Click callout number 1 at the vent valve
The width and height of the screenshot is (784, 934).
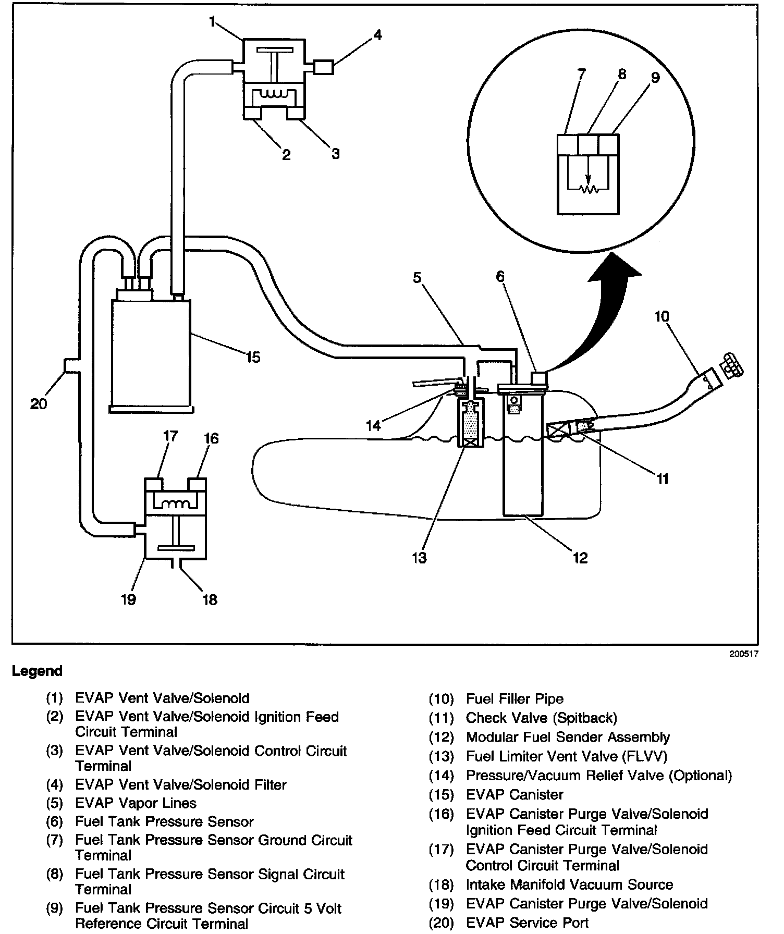pos(212,21)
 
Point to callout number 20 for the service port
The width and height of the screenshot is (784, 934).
pos(39,403)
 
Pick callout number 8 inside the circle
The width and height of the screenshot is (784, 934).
pos(621,75)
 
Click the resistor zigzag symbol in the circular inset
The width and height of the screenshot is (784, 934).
pos(590,190)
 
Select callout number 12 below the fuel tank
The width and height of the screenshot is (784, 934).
pos(580,558)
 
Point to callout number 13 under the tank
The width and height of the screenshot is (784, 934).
pos(419,558)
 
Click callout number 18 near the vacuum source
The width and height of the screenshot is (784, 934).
pos(210,600)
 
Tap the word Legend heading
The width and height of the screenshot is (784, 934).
pos(37,671)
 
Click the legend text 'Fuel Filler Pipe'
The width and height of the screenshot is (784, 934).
pos(514,699)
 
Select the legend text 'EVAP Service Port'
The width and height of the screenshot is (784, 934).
pos(527,923)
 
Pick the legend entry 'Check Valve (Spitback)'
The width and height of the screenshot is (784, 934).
pos(541,718)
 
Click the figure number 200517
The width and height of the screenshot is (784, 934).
pos(743,654)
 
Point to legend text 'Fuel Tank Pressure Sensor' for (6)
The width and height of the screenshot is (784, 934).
pos(164,822)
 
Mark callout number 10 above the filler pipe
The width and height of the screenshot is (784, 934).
pos(661,316)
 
